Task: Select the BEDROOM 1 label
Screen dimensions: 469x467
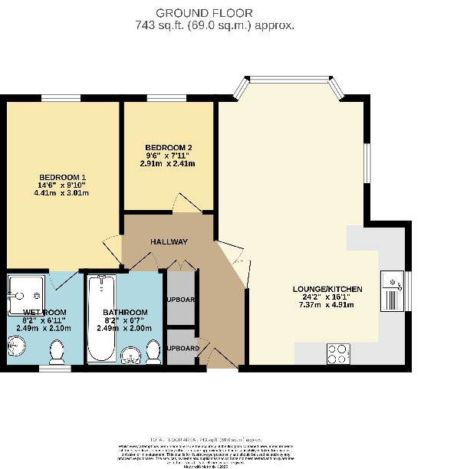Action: click(x=61, y=177)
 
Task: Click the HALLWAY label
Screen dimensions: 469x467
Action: click(x=169, y=242)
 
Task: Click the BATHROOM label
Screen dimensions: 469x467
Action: click(x=125, y=313)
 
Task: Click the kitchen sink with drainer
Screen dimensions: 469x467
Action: click(x=394, y=290)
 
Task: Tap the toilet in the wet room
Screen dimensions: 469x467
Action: click(x=56, y=353)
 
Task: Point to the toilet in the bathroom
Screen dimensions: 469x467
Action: click(x=153, y=352)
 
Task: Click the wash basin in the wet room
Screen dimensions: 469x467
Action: click(x=17, y=346)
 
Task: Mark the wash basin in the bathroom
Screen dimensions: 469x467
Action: click(x=130, y=353)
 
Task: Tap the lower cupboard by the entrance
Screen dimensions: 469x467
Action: click(x=181, y=348)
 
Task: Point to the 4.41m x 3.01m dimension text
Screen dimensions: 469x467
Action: click(x=61, y=193)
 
